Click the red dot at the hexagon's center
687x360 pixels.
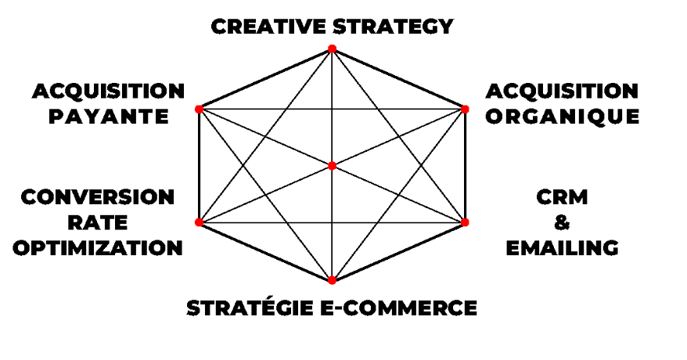332,166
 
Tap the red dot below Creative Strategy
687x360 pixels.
332,49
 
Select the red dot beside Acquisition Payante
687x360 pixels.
199,109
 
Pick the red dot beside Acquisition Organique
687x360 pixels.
464,109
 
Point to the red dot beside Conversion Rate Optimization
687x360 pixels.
199,222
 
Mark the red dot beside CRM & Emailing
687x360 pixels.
464,222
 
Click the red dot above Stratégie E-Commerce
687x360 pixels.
332,280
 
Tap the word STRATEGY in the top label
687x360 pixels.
393,27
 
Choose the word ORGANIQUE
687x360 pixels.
562,117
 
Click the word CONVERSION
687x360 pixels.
98,196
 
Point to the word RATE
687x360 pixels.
98,222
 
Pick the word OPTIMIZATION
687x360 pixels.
98,248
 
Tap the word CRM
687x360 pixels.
562,196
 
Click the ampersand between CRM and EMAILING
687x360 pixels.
562,222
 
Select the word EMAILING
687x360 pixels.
562,248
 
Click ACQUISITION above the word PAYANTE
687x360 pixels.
109,92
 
